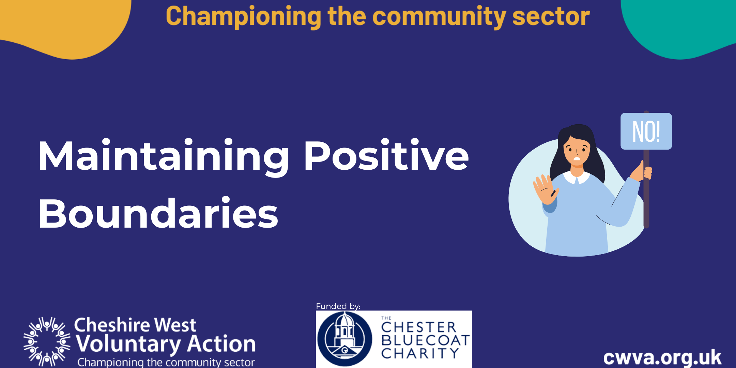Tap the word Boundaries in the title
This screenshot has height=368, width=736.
[x=158, y=213]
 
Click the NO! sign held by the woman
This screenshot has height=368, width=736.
[x=646, y=131]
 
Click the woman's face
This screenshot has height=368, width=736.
[x=577, y=152]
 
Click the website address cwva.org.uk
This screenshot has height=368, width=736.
[x=662, y=357]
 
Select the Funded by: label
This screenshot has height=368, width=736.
[x=338, y=306]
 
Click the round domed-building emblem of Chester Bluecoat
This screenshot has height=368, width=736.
[x=344, y=339]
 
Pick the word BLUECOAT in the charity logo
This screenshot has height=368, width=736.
[x=425, y=340]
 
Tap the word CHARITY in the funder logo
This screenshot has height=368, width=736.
[x=420, y=353]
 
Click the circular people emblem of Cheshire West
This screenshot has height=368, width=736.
[x=47, y=342]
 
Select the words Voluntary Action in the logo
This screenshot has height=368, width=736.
[x=166, y=344]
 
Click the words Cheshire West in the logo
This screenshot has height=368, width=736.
[x=135, y=325]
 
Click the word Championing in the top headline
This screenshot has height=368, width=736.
[x=243, y=17]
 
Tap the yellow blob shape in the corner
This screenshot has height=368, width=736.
[x=65, y=26]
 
